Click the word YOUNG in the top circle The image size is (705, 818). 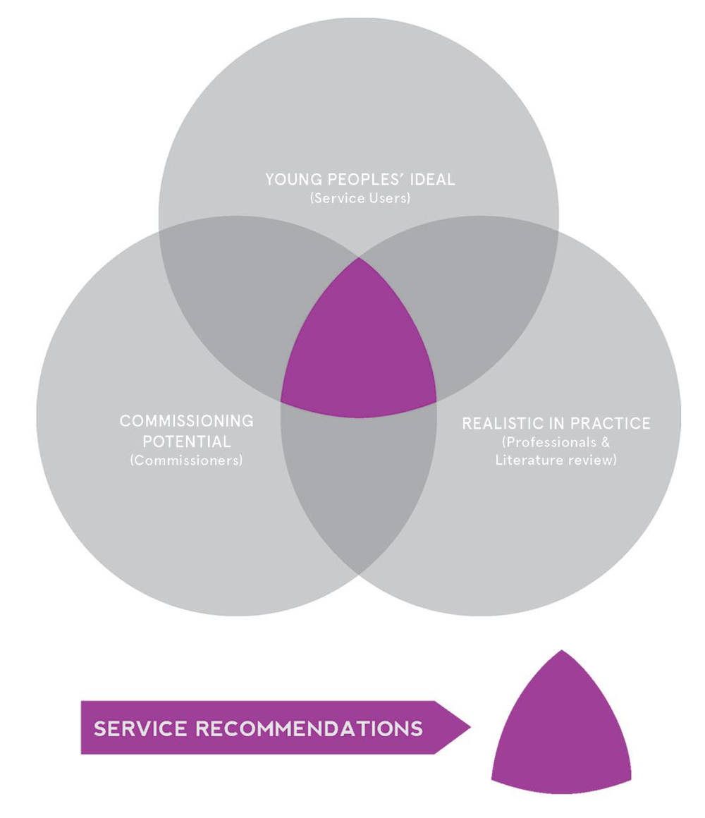tap(288, 179)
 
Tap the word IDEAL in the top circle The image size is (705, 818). tap(433, 179)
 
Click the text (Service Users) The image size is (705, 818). tap(360, 198)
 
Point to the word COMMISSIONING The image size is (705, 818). tap(186, 421)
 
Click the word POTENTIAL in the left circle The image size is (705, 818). tap(186, 442)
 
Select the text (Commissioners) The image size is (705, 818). tap(186, 461)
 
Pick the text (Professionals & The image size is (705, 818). tap(556, 443)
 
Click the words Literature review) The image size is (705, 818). tap(556, 460)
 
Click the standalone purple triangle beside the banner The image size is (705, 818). tap(560, 733)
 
